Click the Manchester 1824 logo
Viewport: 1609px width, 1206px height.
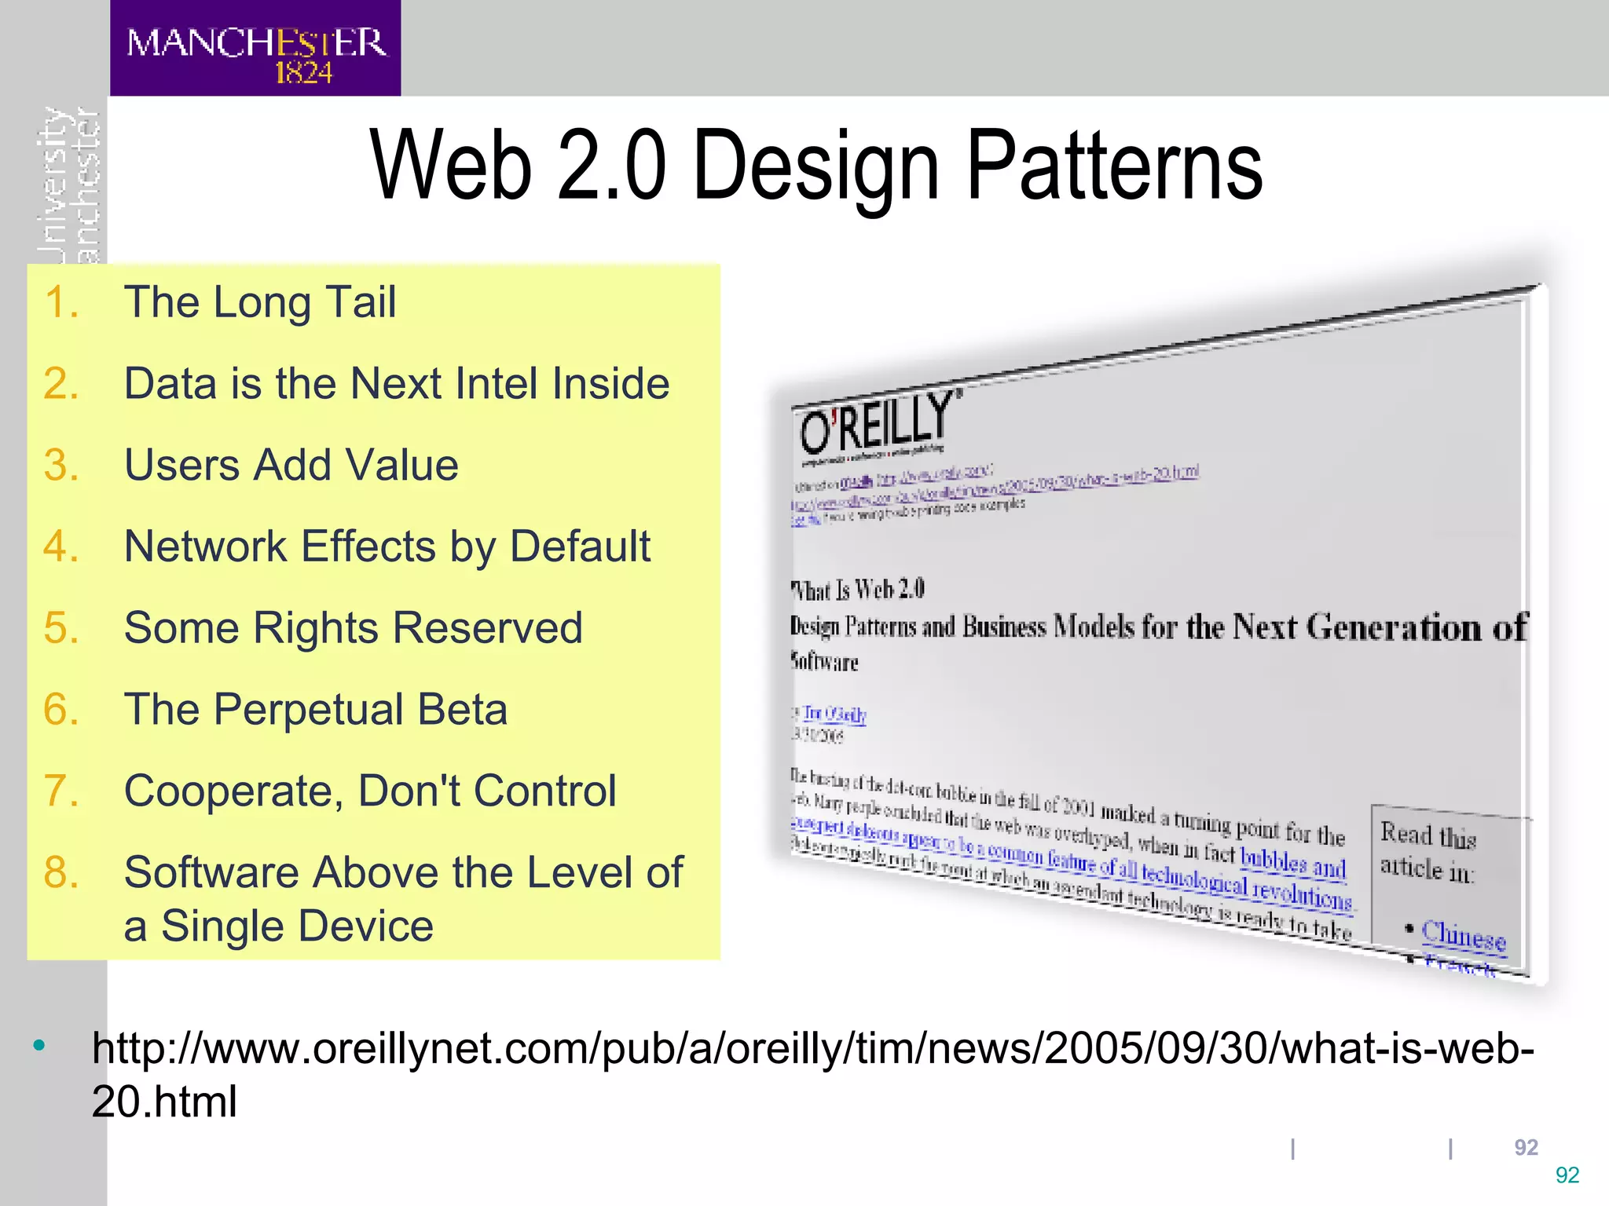255,49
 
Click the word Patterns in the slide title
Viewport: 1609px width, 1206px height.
1114,166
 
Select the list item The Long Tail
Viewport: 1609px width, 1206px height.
260,302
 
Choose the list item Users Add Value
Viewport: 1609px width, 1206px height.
291,465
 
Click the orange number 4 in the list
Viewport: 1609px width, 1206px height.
60,546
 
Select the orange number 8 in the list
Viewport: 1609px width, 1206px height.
60,872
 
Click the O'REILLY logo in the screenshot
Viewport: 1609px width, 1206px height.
875,423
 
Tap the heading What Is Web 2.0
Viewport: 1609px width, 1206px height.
858,589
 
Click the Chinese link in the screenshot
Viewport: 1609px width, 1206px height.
1464,936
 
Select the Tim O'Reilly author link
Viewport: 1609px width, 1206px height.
834,714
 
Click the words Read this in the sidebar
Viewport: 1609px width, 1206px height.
1428,836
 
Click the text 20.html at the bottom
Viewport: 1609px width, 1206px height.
164,1102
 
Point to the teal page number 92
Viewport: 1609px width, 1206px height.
1567,1175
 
